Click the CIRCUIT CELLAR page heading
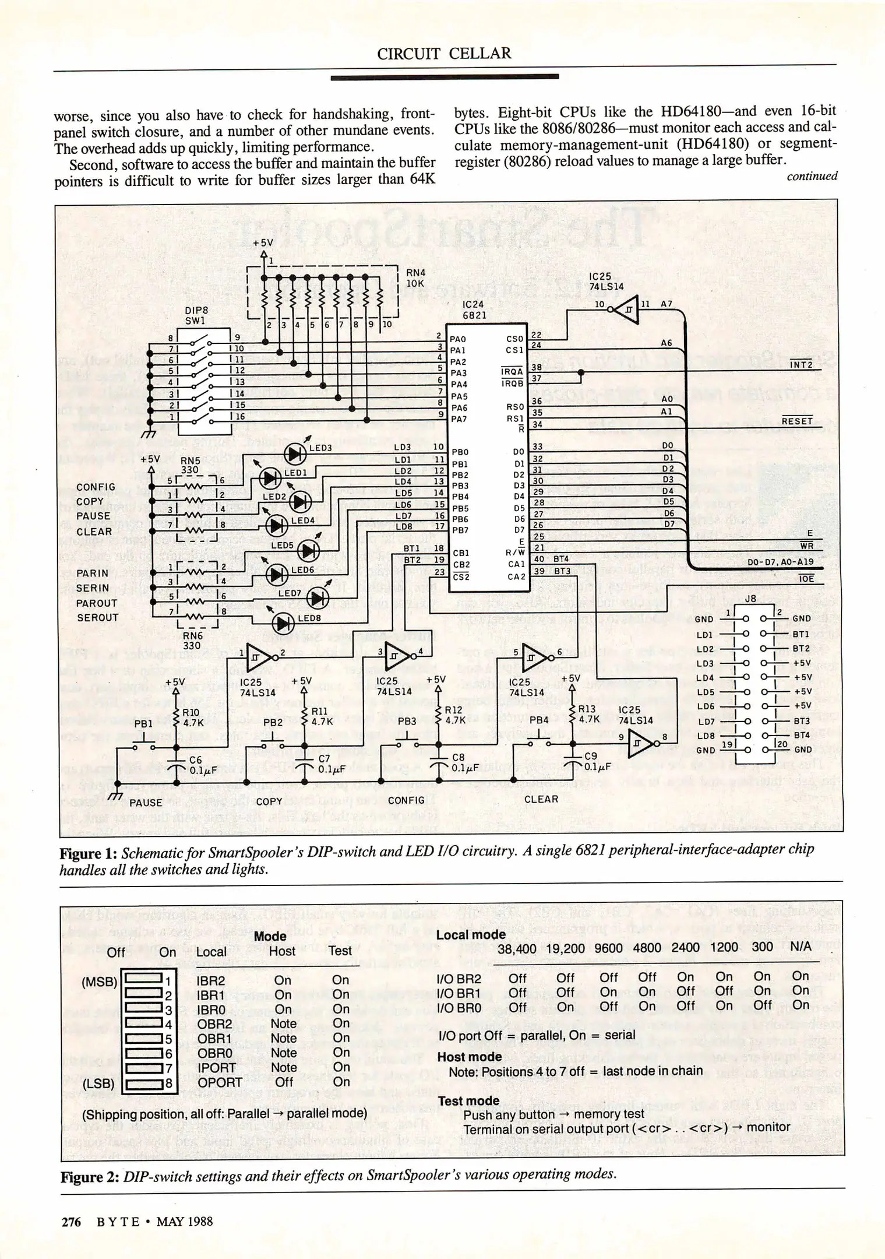(444, 54)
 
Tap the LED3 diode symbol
(295, 453)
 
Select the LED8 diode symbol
(284, 624)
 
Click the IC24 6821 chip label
(474, 310)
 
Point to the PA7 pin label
(458, 419)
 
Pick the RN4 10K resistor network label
(415, 278)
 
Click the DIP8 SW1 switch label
(196, 315)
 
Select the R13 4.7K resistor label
(588, 714)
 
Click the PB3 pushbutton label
(407, 721)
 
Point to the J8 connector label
(750, 599)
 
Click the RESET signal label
(796, 421)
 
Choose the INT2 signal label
(801, 364)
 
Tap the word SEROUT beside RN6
(97, 617)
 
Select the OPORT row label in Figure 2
(219, 1082)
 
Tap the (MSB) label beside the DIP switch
(100, 982)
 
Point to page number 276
(71, 1222)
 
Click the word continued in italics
(812, 176)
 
